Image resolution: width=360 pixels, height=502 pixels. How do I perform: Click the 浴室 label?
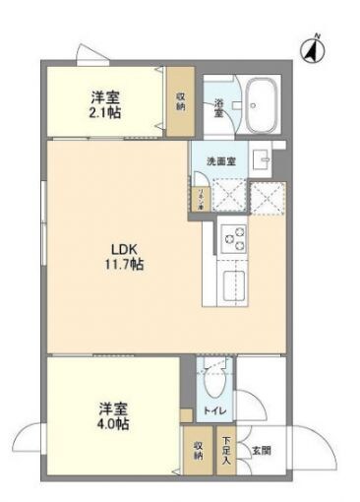point(218,105)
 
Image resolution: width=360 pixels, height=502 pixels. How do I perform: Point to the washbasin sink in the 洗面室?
point(262,159)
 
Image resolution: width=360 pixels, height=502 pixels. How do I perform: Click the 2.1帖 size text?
point(105,113)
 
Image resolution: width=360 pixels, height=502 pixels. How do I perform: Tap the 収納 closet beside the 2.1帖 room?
point(180,103)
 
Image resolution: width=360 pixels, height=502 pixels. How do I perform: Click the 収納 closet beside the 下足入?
point(198,449)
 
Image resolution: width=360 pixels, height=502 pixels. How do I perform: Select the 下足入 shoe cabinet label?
point(226,448)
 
